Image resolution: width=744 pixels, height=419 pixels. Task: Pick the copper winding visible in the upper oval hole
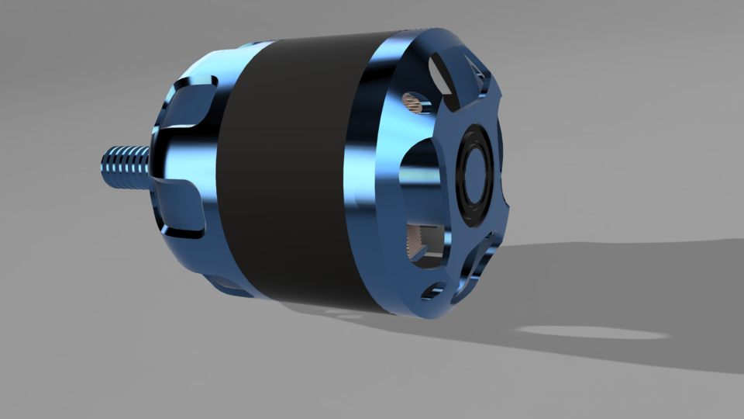(414, 101)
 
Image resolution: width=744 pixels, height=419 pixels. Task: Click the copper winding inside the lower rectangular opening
(418, 241)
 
